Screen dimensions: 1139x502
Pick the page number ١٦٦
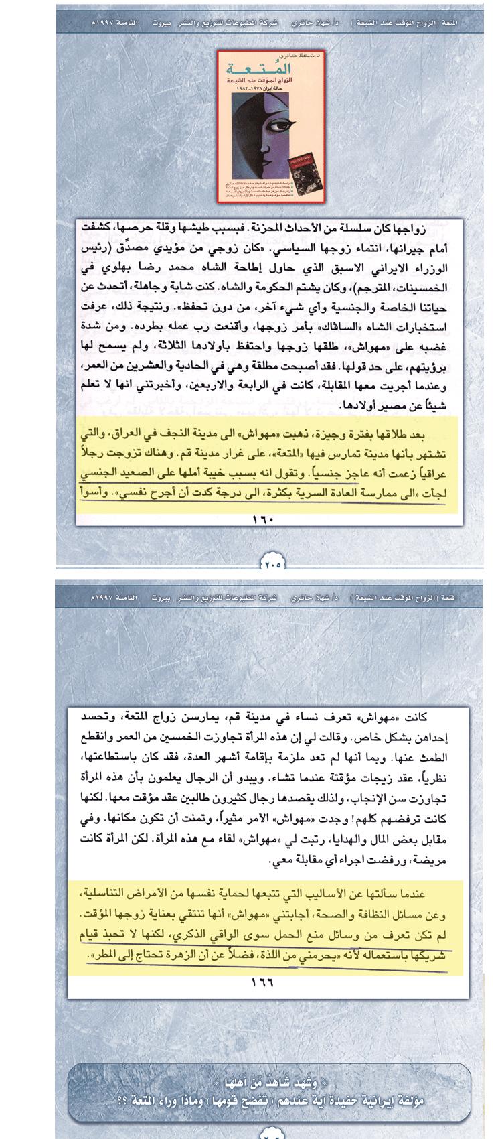tap(263, 982)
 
